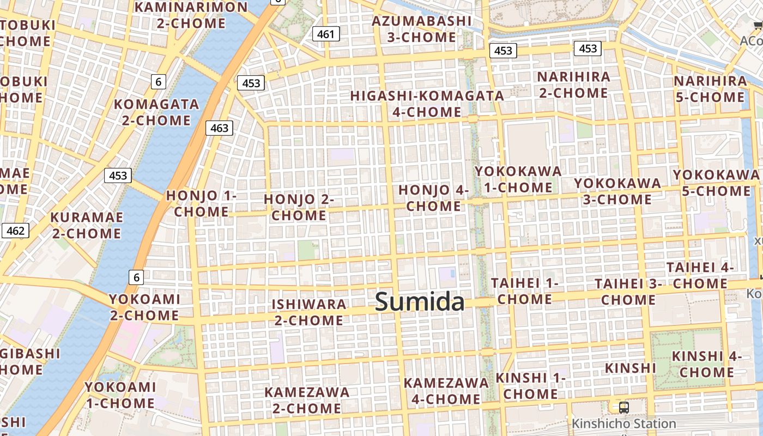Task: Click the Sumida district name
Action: pos(420,301)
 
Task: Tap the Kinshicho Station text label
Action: pos(623,423)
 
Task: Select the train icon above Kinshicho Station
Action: pos(623,407)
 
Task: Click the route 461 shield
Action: pos(326,34)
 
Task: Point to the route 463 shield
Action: pos(219,128)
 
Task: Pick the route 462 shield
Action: pos(15,231)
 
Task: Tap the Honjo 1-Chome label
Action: pos(201,203)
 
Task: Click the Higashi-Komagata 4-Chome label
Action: pos(427,104)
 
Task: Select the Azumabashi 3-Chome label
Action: pos(422,29)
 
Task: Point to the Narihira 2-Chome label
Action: pos(573,84)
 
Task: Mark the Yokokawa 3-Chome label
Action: pos(617,191)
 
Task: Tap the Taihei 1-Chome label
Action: pos(524,291)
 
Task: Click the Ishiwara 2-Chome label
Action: pos(309,312)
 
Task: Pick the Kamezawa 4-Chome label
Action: pos(446,391)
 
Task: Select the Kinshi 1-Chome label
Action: pos(530,385)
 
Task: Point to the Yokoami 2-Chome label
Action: pos(144,307)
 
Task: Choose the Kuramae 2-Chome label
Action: pos(86,225)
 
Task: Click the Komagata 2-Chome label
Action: pos(156,112)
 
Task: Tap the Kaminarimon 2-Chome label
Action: pos(191,15)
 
